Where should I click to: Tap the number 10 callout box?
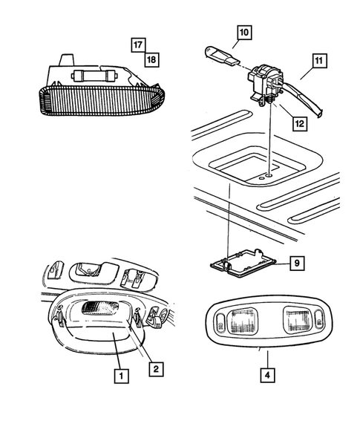coord(244,33)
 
